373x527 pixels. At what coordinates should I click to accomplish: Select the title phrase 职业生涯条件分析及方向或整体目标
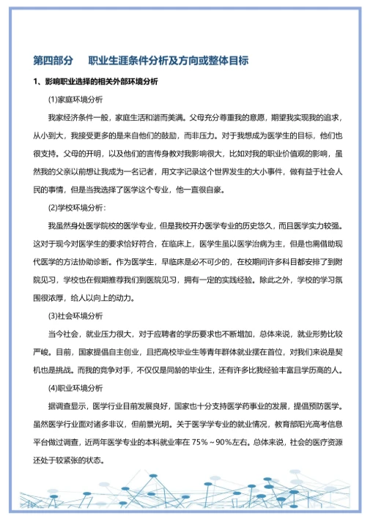coord(168,60)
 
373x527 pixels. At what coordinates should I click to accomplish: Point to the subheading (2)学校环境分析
coord(76,206)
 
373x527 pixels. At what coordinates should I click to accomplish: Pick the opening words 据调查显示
coord(65,405)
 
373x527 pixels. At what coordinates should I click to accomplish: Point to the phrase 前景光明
coord(178,424)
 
